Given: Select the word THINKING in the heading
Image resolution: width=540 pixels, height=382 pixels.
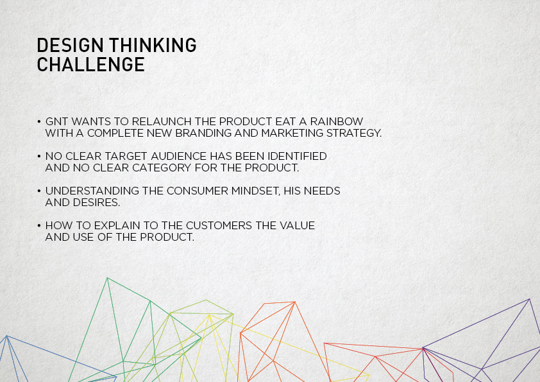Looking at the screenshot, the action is [x=153, y=46].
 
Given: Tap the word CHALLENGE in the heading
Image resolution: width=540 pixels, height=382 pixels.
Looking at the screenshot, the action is [x=91, y=64].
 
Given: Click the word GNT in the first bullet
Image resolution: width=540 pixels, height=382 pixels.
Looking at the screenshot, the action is [x=56, y=121].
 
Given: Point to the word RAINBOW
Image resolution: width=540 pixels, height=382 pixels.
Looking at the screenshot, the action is [x=337, y=121].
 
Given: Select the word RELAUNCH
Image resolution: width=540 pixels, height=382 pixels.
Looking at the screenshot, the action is [x=162, y=121].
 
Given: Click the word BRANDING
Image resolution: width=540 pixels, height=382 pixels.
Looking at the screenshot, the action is [x=203, y=133].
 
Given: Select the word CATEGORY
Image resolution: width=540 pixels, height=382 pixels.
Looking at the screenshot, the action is [x=162, y=168].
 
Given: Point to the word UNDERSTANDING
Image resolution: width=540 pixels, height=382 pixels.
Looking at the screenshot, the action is [x=92, y=191].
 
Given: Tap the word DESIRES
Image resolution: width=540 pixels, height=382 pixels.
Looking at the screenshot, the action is [x=96, y=203].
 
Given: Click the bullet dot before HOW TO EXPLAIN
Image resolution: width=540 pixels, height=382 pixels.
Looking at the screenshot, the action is [x=39, y=226].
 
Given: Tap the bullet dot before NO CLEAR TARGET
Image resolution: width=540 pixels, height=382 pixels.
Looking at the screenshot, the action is [x=39, y=157].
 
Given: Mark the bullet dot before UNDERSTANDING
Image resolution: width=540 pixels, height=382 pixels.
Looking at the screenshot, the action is [x=39, y=191].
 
